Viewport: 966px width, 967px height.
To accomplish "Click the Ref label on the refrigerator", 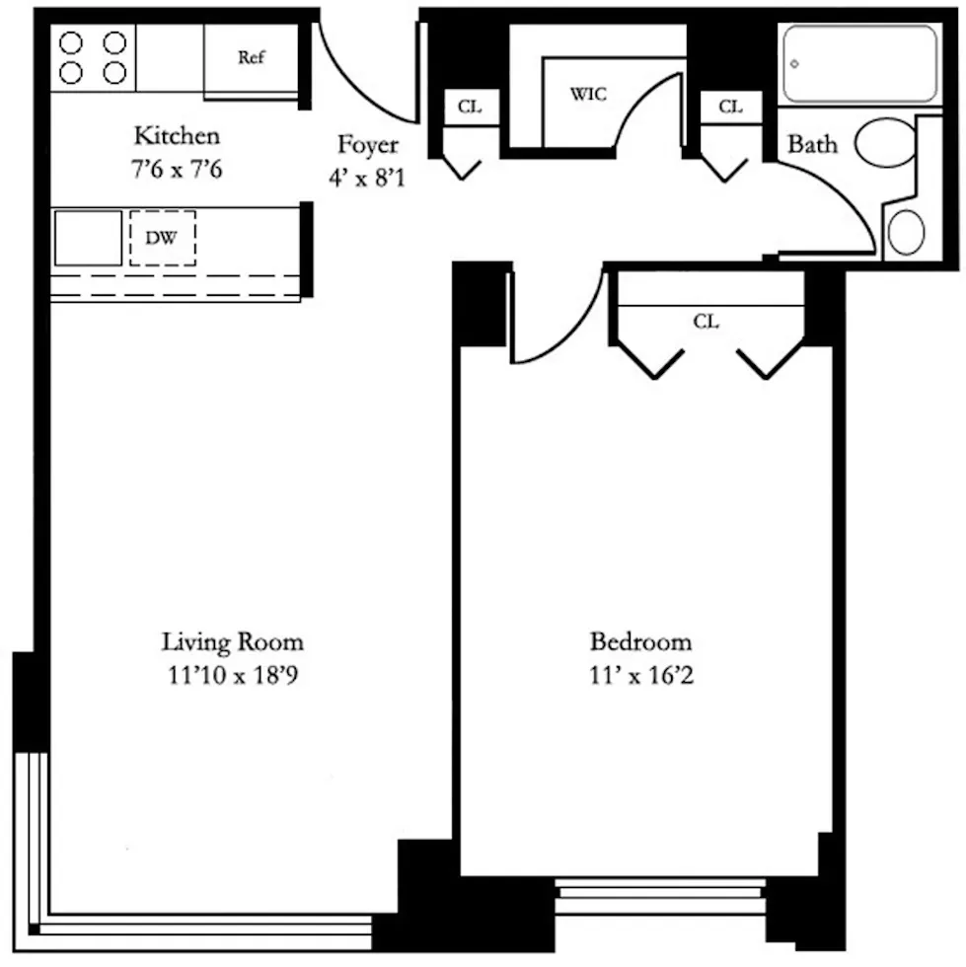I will pyautogui.click(x=252, y=58).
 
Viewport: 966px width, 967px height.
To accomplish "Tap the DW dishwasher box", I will pyautogui.click(x=162, y=238).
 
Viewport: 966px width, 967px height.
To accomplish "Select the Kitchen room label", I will pyautogui.click(x=177, y=135).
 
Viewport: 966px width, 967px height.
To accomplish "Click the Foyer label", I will pyautogui.click(x=368, y=145).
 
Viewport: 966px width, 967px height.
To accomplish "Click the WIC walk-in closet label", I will pyautogui.click(x=589, y=95).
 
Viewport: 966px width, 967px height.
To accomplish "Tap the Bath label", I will pyautogui.click(x=812, y=145).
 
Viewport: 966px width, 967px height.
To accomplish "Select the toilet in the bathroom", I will pyautogui.click(x=885, y=142).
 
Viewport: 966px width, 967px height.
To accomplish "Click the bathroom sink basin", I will pyautogui.click(x=906, y=233).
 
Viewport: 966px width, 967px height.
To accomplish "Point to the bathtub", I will pyautogui.click(x=859, y=64).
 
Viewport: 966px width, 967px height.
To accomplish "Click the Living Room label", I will pyautogui.click(x=233, y=642).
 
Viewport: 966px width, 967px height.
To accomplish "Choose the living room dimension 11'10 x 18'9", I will pyautogui.click(x=233, y=676).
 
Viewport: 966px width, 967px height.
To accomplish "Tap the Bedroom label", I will pyautogui.click(x=640, y=642).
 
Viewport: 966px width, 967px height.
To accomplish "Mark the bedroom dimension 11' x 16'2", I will pyautogui.click(x=640, y=677).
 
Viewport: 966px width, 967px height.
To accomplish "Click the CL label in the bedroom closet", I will pyautogui.click(x=706, y=322).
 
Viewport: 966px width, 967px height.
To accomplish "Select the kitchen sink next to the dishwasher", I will pyautogui.click(x=88, y=238).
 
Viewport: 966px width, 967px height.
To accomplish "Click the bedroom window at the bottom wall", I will pyautogui.click(x=659, y=897).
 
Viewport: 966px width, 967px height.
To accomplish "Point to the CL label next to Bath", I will pyautogui.click(x=730, y=108).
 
